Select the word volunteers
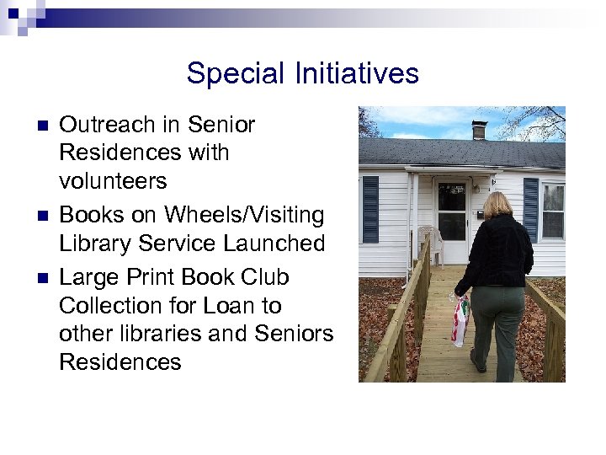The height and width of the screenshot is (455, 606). (113, 181)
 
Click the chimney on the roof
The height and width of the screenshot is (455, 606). (479, 129)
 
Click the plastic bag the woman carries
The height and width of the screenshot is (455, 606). (460, 321)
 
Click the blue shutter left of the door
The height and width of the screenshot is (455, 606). (370, 210)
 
